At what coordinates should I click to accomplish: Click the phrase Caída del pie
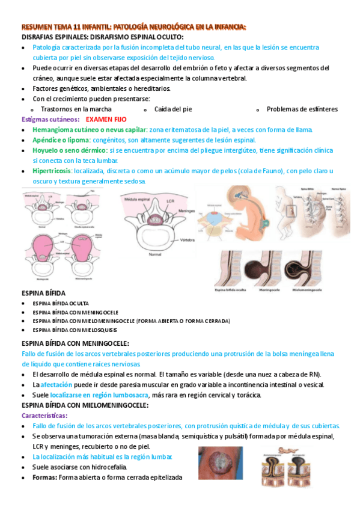(x=173, y=109)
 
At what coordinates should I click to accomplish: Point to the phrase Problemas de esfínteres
(x=302, y=109)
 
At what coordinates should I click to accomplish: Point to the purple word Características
(x=44, y=416)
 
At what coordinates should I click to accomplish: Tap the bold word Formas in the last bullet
(x=44, y=478)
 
